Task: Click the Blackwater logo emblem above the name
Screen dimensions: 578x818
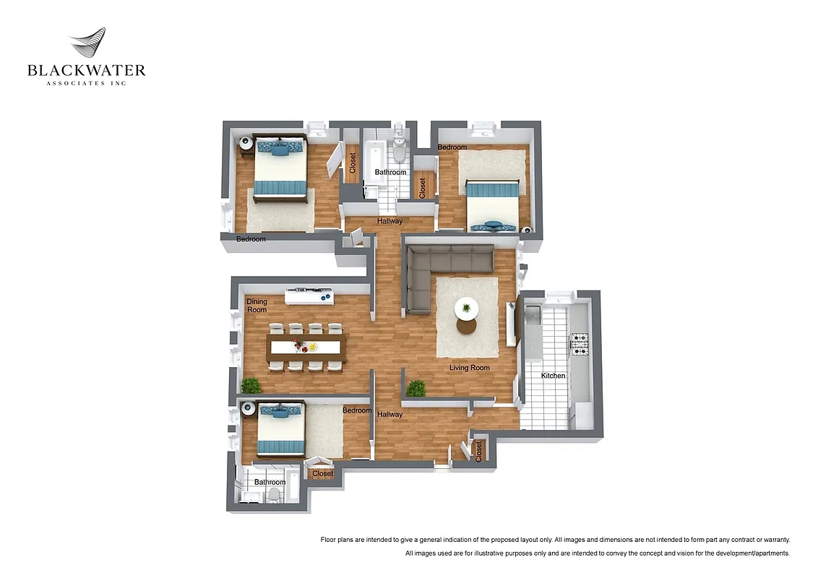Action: click(87, 45)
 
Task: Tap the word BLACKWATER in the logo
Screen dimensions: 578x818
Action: click(87, 71)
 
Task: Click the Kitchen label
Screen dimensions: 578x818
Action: click(554, 376)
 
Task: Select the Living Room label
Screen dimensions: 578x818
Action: click(469, 368)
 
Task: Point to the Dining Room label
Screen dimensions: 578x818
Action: click(257, 306)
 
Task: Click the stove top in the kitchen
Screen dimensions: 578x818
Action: click(580, 344)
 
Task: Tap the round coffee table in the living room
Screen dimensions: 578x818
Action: click(466, 309)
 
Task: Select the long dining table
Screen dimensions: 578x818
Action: click(306, 347)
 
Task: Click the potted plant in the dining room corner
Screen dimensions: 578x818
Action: click(251, 385)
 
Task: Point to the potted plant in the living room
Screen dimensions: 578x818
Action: click(416, 389)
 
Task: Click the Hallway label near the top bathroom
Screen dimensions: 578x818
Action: click(389, 221)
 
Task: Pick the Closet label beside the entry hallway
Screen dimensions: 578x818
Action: click(478, 451)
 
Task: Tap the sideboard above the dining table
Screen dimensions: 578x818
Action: click(309, 296)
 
